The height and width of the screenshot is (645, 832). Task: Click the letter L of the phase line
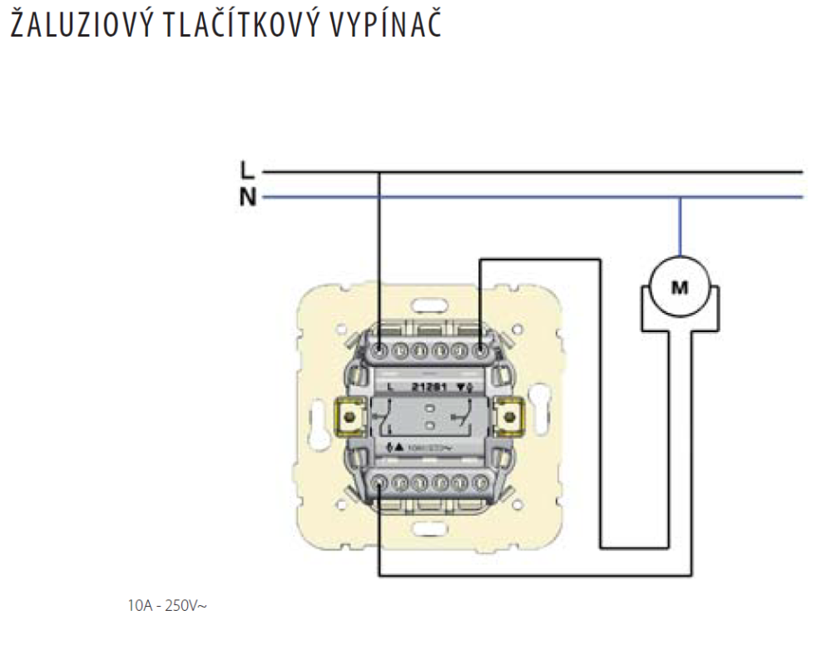point(245,171)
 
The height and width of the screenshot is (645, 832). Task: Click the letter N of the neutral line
point(246,198)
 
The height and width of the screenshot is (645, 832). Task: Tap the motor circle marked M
point(680,288)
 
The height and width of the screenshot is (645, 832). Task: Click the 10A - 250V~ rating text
point(166,606)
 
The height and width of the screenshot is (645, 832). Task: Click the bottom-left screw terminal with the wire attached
point(379,481)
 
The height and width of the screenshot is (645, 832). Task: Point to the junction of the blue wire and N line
point(680,197)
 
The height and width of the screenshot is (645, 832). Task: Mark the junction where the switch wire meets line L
point(379,172)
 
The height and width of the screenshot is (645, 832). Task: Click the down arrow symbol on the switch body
point(468,386)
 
